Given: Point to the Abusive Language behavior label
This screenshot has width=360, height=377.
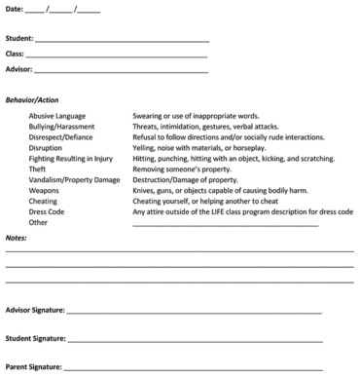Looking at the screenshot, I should click(x=57, y=115).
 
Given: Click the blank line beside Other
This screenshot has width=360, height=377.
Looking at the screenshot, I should click(x=225, y=224).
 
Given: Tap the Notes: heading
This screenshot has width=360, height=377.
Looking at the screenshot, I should click(x=17, y=238).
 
